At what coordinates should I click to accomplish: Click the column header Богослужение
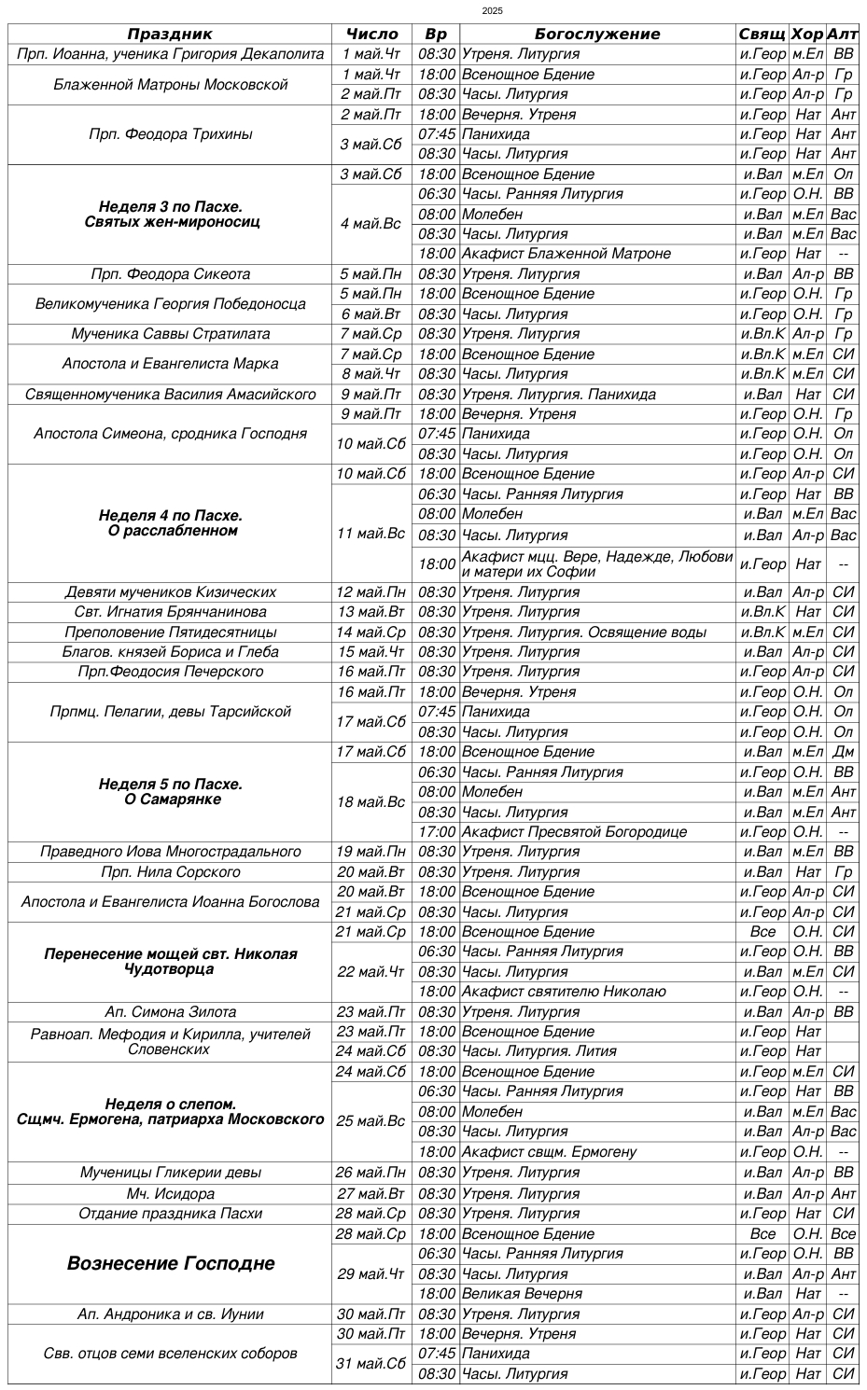coord(597,34)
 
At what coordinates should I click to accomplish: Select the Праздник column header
coord(170,34)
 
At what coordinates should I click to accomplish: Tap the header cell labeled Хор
coord(807,34)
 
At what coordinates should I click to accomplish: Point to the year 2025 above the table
coord(493,10)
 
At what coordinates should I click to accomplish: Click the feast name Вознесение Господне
coord(171,1264)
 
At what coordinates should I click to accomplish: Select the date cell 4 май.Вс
coord(371,224)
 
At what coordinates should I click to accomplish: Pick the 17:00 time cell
coord(437,832)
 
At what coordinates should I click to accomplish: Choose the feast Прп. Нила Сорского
coord(171,872)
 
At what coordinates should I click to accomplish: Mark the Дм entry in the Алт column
coord(844,752)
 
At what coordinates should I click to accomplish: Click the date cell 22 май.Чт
coord(371,972)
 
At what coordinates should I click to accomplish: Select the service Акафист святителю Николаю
coord(564,992)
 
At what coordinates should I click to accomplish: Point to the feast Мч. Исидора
coord(171,1194)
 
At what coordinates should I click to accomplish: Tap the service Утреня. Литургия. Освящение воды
coord(584,632)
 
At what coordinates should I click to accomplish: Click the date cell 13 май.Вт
coord(371,612)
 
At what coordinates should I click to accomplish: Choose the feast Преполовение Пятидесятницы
coord(171,632)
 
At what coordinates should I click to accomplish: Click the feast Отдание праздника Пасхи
coord(171,1214)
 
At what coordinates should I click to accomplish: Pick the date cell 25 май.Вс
coord(371,1121)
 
